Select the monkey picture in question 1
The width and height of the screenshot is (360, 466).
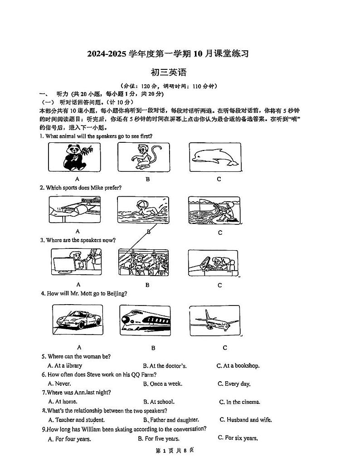pos(144,157)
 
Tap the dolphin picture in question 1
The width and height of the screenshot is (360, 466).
pos(215,157)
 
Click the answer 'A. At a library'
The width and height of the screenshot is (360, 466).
pos(65,365)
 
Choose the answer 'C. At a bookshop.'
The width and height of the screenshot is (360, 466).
pos(238,365)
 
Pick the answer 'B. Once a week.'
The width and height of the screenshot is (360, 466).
pos(162,383)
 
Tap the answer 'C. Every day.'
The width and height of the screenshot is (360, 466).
pos(234,383)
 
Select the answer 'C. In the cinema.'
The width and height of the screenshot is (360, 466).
pos(240,402)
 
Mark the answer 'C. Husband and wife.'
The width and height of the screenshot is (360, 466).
pos(245,420)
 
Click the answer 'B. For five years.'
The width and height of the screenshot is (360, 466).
pos(158,438)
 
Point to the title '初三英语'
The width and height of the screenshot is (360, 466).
pos(168,72)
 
